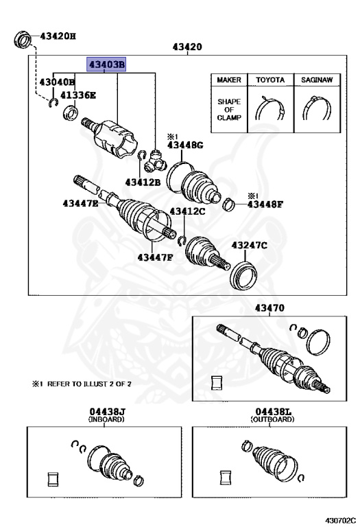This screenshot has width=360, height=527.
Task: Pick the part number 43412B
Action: click(x=143, y=182)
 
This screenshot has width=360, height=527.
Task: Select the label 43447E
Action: click(x=80, y=203)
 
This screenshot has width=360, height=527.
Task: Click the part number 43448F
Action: click(x=265, y=204)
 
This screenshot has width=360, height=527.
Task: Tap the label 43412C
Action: click(x=187, y=211)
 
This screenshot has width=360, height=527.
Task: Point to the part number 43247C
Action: click(x=248, y=245)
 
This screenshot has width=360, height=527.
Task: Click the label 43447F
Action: click(x=154, y=257)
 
